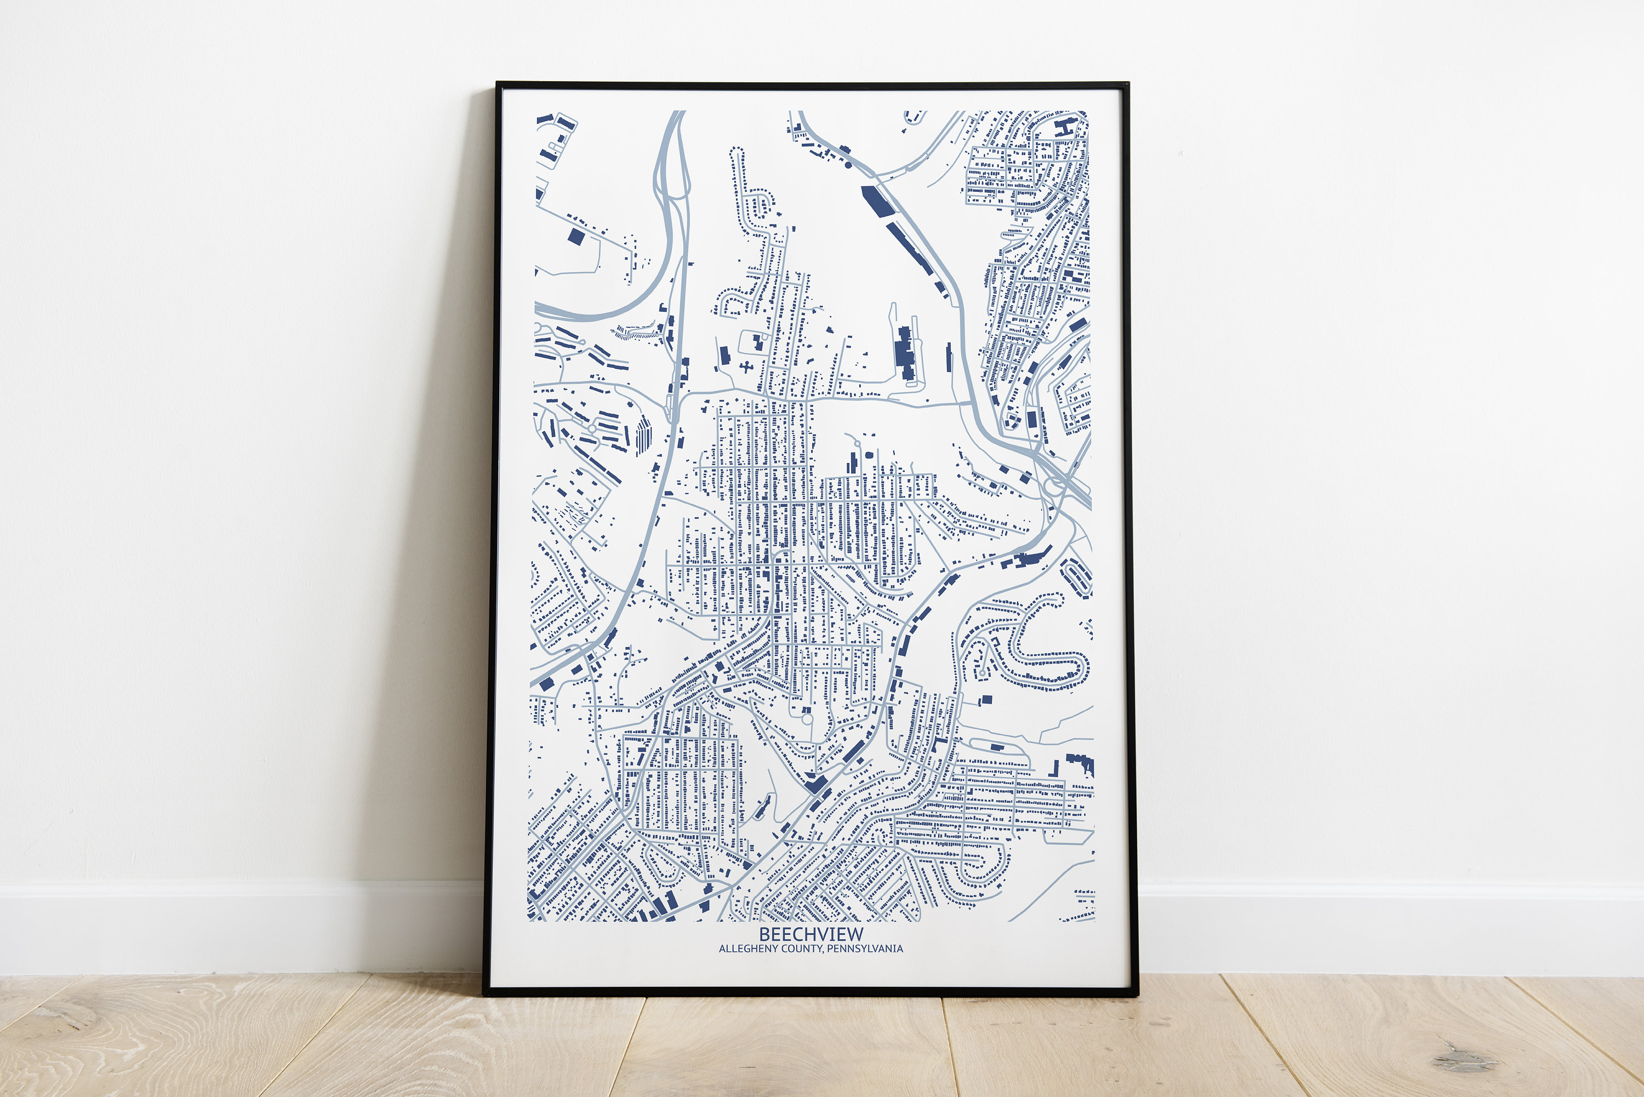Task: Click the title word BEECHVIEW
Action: (811, 934)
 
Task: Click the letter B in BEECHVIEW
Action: (764, 934)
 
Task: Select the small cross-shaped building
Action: (746, 367)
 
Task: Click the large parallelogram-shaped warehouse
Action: (877, 201)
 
